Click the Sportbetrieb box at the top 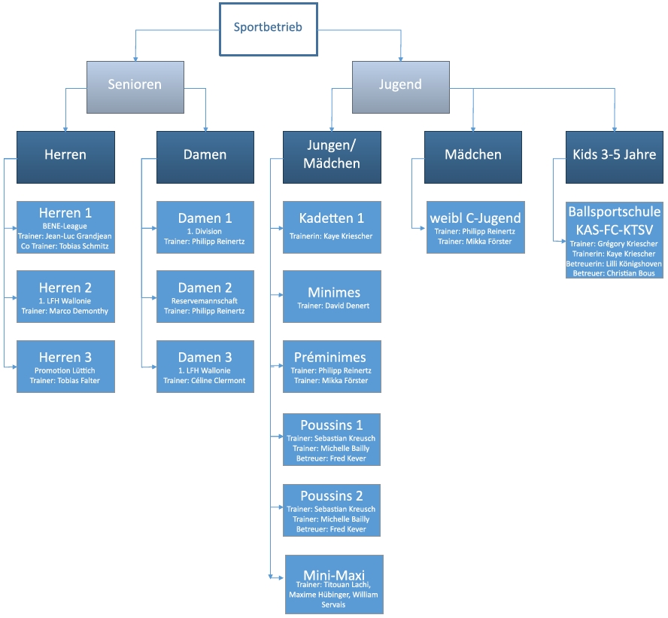click(269, 29)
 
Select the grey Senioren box click(135, 87)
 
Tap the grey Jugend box click(400, 87)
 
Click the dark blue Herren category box click(65, 157)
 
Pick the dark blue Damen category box click(205, 157)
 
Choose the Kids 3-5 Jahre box click(615, 157)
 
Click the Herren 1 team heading click(65, 213)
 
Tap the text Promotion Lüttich click(65, 370)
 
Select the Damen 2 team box click(205, 297)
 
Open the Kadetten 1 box click(332, 227)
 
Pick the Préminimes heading click(330, 357)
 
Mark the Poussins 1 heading click(332, 425)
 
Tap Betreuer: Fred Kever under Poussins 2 click(331, 529)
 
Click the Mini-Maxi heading click(334, 575)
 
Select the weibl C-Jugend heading click(475, 218)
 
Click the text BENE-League click(65, 226)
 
